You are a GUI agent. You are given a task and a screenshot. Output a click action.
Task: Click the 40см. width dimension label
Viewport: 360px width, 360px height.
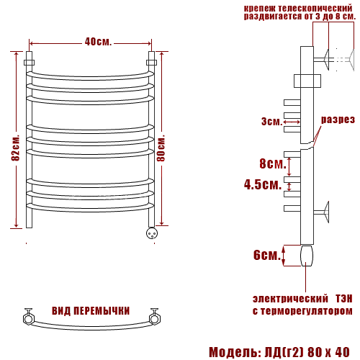point(98,42)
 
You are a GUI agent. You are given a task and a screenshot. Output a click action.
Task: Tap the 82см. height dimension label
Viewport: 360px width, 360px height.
point(16,148)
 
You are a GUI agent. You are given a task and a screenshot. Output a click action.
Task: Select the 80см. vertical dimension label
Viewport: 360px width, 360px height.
point(161,148)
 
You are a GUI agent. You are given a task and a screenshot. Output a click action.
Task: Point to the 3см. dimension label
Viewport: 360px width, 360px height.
point(271,122)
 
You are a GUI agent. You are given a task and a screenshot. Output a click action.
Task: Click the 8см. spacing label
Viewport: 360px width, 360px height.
point(273,163)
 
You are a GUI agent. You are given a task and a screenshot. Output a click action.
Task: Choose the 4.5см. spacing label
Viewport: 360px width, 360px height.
point(263,184)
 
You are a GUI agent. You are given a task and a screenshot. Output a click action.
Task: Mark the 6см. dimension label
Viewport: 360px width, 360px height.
point(267,255)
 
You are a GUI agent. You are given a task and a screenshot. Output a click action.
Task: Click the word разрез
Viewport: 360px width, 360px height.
point(338,120)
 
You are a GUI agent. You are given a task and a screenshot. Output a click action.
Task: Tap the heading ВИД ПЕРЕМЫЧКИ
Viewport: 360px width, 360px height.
point(91,311)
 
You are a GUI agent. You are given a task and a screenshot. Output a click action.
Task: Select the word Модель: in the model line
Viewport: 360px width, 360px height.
point(235,352)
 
